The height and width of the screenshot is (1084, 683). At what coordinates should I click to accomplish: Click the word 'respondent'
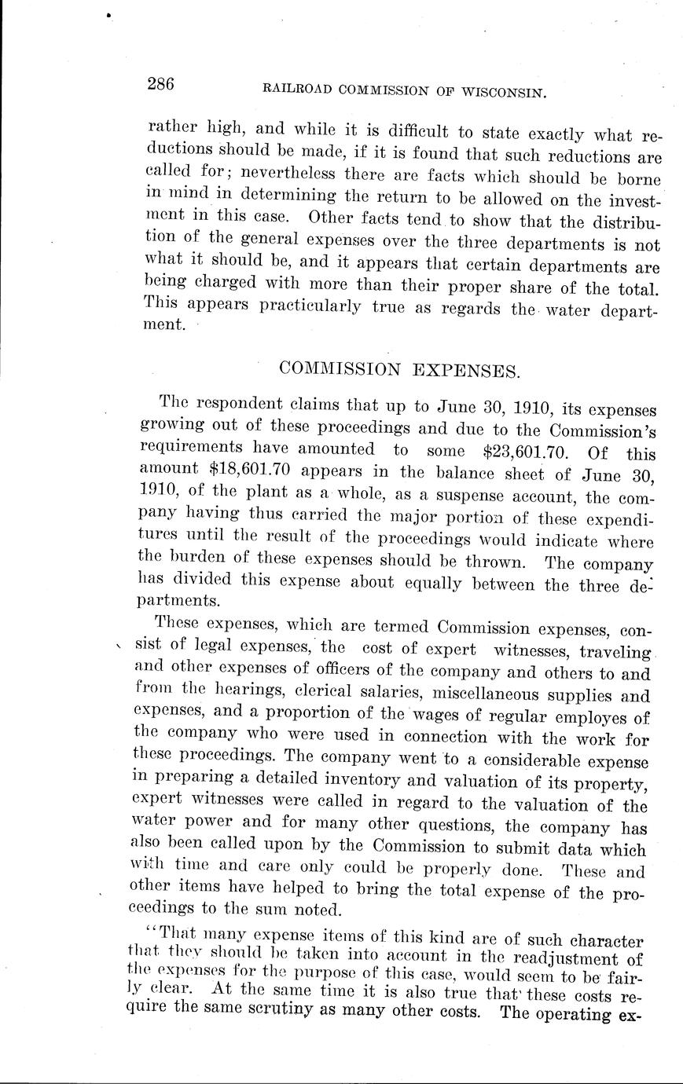tap(239, 405)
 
